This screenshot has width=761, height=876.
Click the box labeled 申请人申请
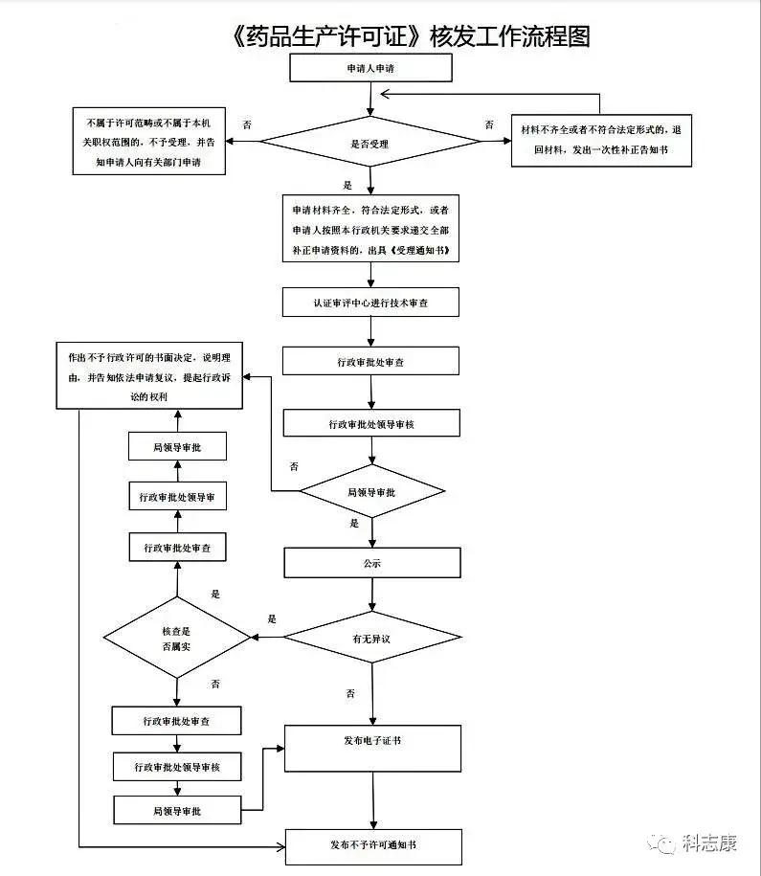[370, 68]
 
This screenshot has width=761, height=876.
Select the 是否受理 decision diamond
[370, 142]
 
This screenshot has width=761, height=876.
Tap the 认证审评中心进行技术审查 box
[370, 303]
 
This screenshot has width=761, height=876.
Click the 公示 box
[372, 563]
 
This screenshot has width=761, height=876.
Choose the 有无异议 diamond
[372, 637]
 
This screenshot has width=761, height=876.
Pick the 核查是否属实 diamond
[177, 638]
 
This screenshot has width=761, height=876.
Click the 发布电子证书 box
[372, 749]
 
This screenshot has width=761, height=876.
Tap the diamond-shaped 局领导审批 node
[372, 492]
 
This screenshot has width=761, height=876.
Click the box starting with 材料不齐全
[601, 140]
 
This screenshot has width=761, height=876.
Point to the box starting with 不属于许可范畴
[149, 142]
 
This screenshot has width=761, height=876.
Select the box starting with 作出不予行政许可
[149, 375]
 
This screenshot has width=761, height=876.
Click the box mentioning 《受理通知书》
[370, 229]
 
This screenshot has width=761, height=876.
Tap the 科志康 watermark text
[709, 842]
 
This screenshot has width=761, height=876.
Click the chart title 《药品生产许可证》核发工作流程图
[411, 36]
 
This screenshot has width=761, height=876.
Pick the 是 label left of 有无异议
[272, 618]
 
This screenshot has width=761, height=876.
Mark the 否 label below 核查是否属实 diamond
[215, 684]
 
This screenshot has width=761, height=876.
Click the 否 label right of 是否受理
[489, 124]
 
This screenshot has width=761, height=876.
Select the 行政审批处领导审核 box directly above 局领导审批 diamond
[371, 423]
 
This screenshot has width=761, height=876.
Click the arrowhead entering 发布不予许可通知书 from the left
[281, 847]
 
